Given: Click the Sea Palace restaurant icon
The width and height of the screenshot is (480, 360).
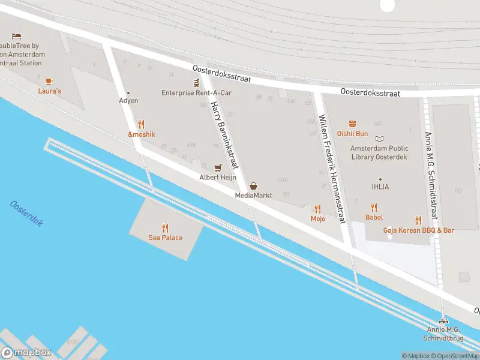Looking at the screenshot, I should pyautogui.click(x=165, y=228).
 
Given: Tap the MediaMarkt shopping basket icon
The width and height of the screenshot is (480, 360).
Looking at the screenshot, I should pyautogui.click(x=253, y=186).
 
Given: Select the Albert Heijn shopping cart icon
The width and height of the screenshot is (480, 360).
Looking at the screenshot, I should pyautogui.click(x=218, y=167).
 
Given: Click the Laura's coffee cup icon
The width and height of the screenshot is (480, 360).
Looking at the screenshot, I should pyautogui.click(x=49, y=81).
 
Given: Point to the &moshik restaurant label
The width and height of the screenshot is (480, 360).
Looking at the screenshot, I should pyautogui.click(x=141, y=134).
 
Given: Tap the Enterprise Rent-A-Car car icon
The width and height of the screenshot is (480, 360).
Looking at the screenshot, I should pyautogui.click(x=196, y=83).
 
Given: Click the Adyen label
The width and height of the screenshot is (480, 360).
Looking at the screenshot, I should pyautogui.click(x=128, y=101).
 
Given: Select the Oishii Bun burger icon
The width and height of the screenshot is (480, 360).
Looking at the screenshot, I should pyautogui.click(x=352, y=124).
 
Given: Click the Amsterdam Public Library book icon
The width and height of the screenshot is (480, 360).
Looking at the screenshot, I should pyautogui.click(x=379, y=139).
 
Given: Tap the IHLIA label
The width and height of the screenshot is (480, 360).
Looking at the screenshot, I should pyautogui.click(x=380, y=187).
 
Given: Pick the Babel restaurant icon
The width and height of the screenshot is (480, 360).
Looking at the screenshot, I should pyautogui.click(x=374, y=208).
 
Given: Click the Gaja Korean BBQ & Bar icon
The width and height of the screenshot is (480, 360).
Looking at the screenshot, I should pyautogui.click(x=418, y=220).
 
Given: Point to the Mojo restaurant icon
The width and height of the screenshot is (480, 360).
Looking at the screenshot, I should pyautogui.click(x=317, y=209).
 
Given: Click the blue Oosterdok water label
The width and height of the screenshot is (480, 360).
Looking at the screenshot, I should pyautogui.click(x=26, y=214).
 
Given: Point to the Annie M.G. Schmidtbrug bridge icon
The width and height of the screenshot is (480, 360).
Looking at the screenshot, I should pyautogui.click(x=443, y=321).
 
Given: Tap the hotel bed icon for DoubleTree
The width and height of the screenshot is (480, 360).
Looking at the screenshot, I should pyautogui.click(x=16, y=36).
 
